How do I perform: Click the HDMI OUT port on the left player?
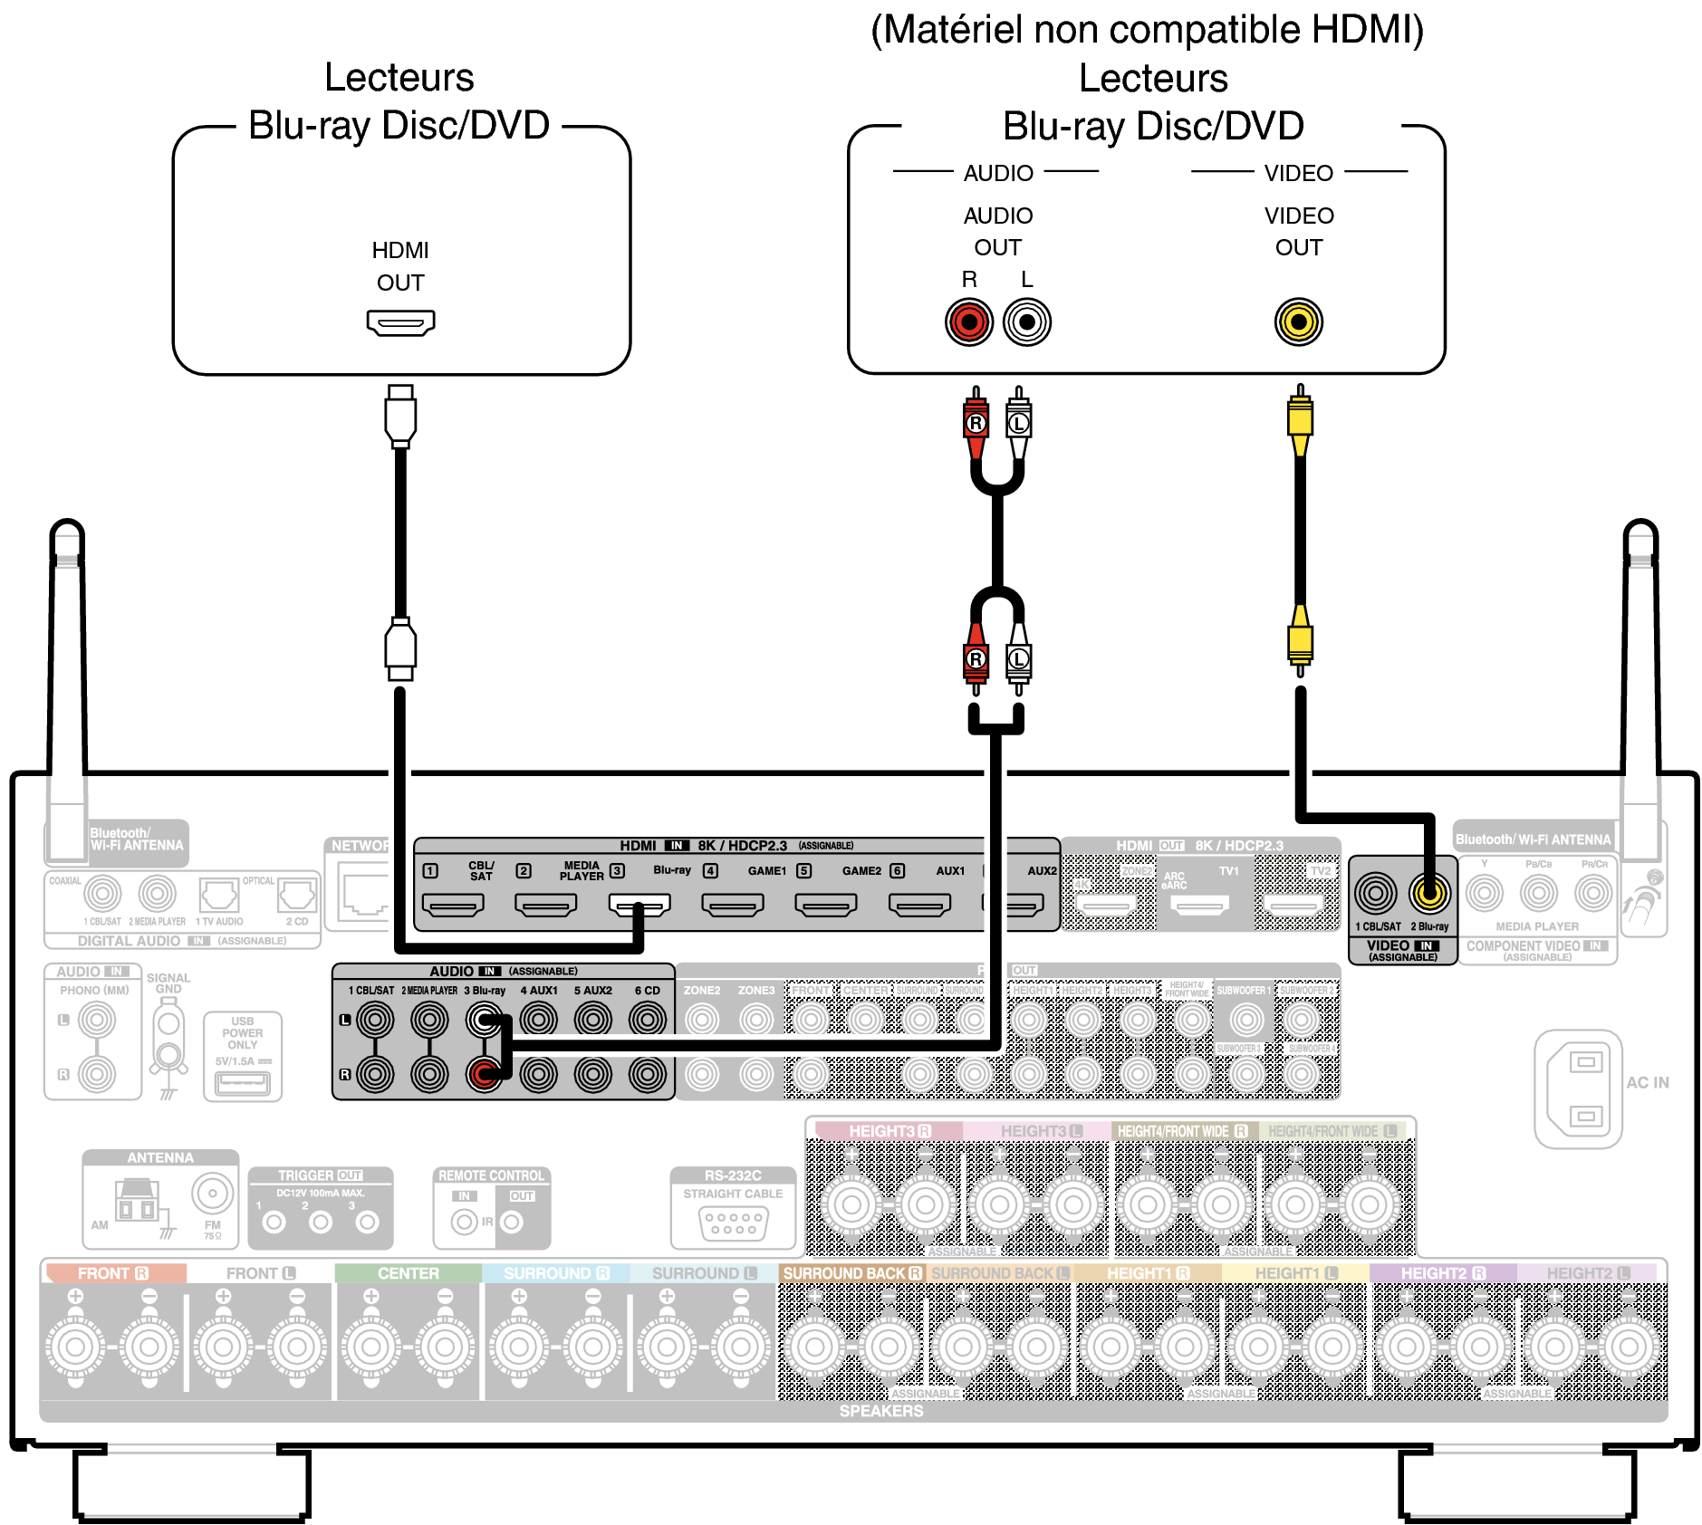click(x=400, y=322)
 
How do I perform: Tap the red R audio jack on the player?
click(x=969, y=321)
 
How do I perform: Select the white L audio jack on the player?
click(x=1027, y=321)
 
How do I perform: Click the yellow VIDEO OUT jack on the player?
click(x=1299, y=321)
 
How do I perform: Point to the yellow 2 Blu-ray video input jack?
click(x=1429, y=894)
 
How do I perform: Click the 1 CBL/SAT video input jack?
click(x=1376, y=894)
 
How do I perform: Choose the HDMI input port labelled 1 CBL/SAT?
click(x=453, y=903)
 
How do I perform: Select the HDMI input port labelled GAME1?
click(x=733, y=903)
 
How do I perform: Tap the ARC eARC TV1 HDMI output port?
click(x=1199, y=903)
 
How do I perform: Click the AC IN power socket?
click(x=1578, y=1089)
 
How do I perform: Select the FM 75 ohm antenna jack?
click(x=212, y=1194)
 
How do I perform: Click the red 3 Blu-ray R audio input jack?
click(x=484, y=1075)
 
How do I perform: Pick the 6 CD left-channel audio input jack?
click(x=647, y=1020)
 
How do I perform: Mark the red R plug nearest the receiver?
click(x=976, y=659)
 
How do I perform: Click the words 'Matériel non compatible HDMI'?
click(x=1147, y=29)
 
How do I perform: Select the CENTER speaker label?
click(x=408, y=1273)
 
